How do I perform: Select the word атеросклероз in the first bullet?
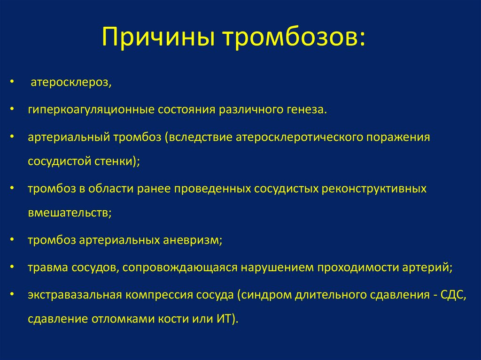pos(70,83)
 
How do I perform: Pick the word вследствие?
pos(201,137)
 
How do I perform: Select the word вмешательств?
pos(68,213)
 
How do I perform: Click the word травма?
pos(48,268)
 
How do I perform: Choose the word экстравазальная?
pos(75,295)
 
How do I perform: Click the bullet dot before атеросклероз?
pos(12,82)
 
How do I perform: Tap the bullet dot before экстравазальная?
pos(12,294)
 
